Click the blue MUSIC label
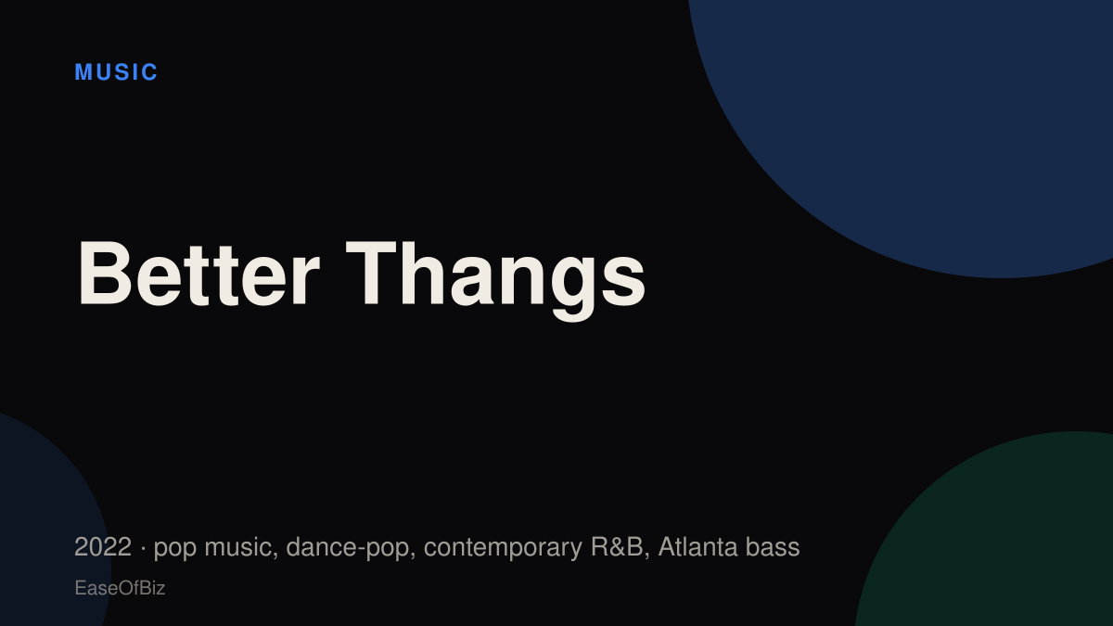point(116,72)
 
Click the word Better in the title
point(198,274)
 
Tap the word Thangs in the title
point(495,281)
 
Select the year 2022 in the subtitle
point(103,547)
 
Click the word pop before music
point(175,549)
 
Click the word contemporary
point(503,549)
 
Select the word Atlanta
point(697,547)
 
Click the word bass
point(773,547)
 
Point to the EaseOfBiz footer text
point(120,588)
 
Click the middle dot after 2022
point(143,548)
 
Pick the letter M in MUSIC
point(83,72)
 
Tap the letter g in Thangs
point(572,289)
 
